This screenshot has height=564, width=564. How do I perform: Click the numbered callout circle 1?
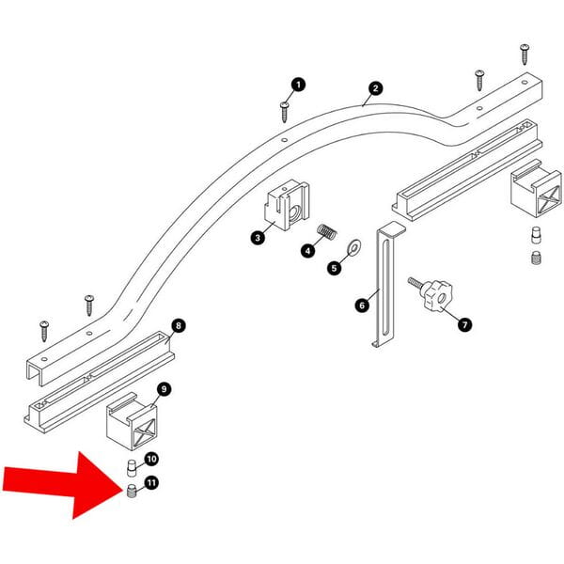[x=299, y=86]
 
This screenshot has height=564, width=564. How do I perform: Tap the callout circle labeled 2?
[x=375, y=89]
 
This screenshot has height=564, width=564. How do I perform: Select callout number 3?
[x=258, y=239]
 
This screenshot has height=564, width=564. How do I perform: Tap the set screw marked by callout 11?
[x=132, y=491]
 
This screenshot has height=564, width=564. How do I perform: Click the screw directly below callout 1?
[x=284, y=112]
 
